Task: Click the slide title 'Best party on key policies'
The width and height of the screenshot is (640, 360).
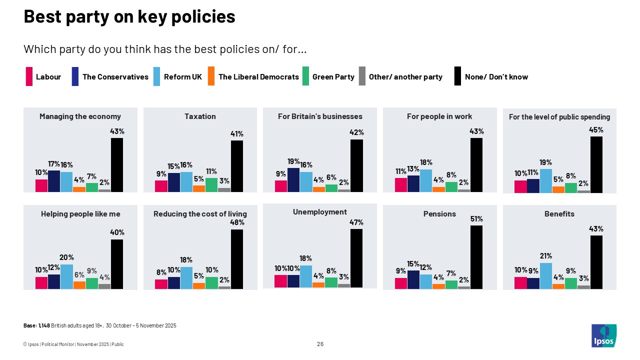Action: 129,17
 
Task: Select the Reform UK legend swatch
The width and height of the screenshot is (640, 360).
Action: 157,76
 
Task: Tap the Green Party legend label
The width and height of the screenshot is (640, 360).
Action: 333,76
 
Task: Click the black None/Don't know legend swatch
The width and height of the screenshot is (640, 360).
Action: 457,76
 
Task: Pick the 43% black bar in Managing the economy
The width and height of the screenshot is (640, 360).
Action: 116,165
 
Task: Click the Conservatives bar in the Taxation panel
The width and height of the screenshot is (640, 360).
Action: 173,182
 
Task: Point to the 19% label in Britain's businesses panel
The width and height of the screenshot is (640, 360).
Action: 293,161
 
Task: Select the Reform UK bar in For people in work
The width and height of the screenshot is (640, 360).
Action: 426,180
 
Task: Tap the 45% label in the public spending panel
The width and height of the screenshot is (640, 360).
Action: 596,130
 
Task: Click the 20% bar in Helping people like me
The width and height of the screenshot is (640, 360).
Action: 66,276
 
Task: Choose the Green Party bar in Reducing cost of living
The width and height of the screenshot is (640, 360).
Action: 211,283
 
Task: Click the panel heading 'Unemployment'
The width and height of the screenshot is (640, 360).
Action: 320,212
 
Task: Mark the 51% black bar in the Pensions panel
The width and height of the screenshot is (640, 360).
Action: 476,257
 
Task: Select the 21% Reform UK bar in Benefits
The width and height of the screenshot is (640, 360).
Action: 546,276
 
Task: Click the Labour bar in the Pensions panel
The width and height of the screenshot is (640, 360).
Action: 401,283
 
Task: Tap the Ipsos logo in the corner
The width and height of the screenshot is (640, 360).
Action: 604,335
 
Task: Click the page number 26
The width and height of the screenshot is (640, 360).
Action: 320,344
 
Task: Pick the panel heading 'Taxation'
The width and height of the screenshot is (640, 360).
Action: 200,116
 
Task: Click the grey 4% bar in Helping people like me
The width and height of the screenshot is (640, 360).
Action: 104,286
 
